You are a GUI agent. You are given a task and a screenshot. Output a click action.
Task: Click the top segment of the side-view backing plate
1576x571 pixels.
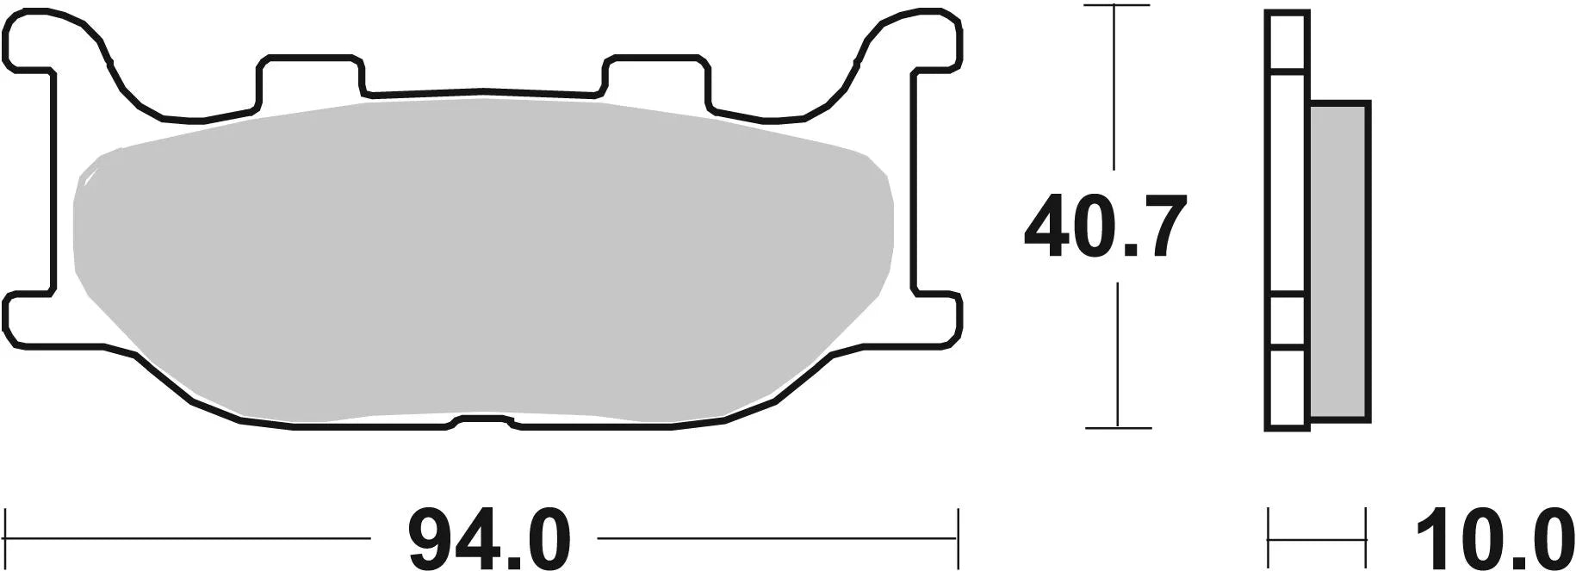click(1287, 40)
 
